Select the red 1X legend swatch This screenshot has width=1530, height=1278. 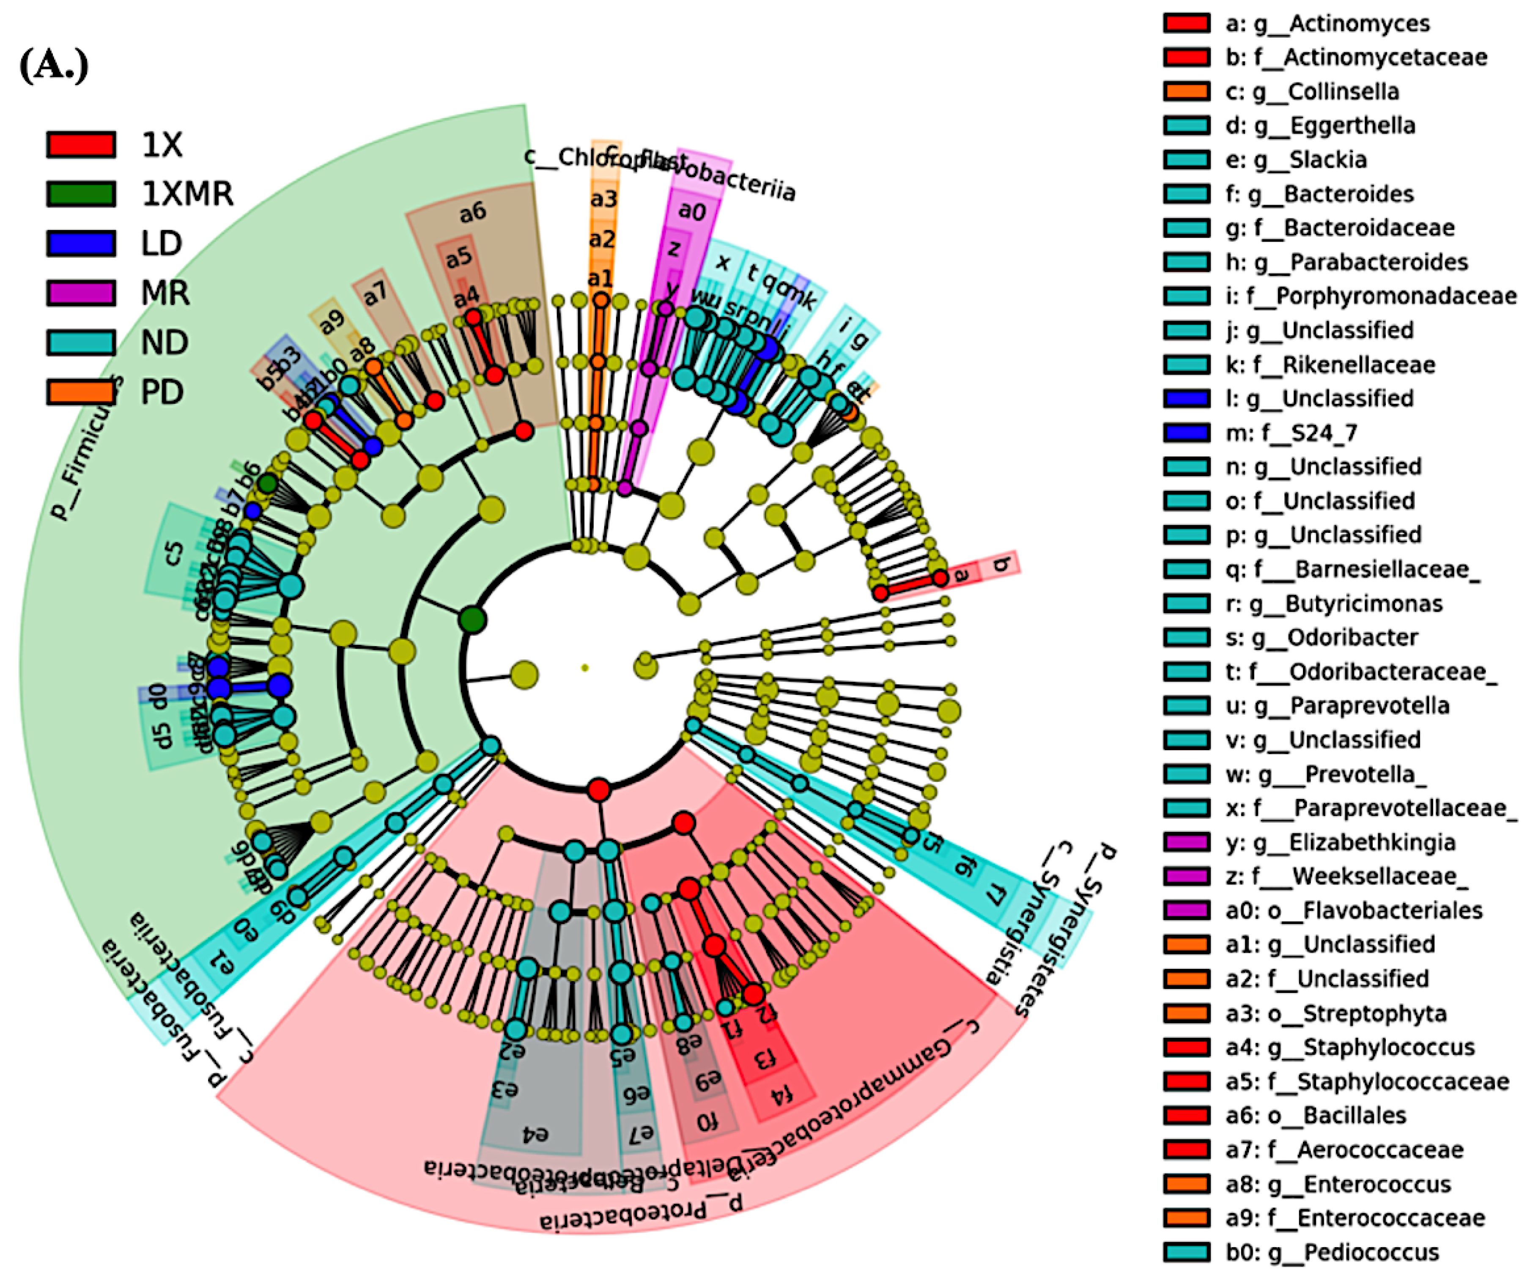coord(81,144)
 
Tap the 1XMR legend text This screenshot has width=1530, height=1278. coord(187,194)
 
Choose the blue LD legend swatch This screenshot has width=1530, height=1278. coord(81,243)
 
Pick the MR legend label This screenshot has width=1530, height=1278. coord(165,293)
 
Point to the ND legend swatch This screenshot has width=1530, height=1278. coord(81,343)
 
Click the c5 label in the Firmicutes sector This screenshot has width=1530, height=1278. coord(173,553)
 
